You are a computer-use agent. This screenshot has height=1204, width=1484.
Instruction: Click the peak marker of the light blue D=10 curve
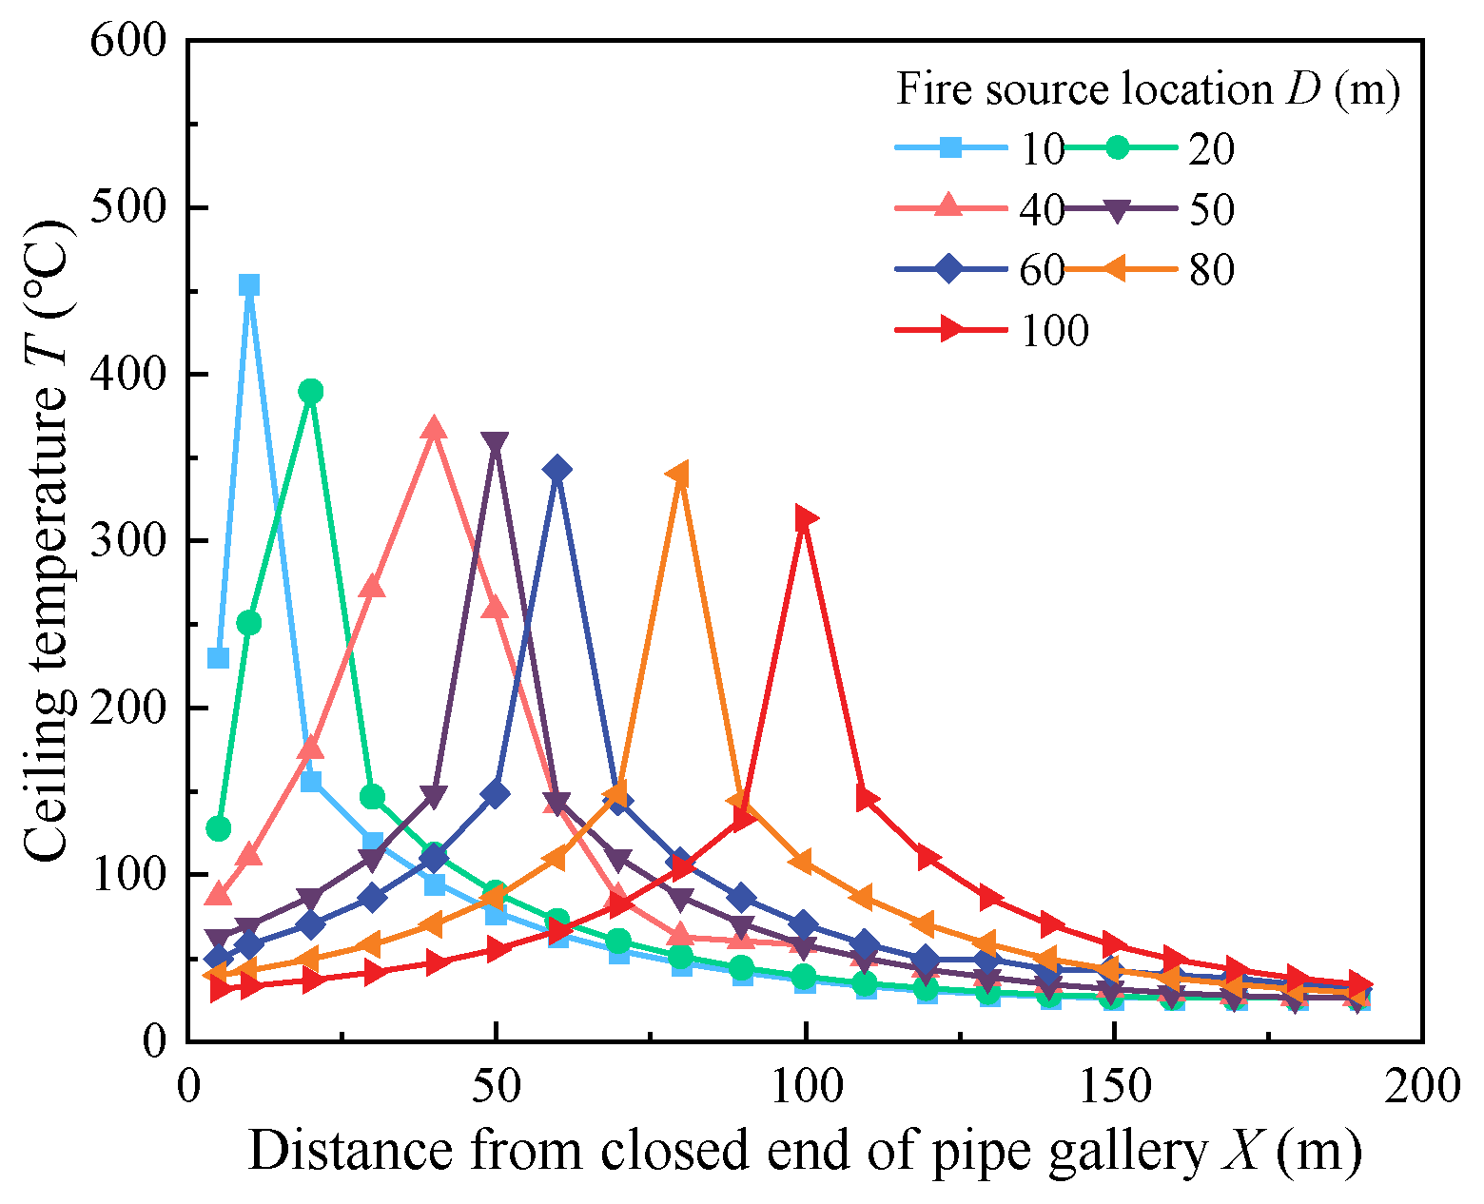pyautogui.click(x=249, y=285)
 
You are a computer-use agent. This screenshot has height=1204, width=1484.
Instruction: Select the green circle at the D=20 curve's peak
pyautogui.click(x=310, y=391)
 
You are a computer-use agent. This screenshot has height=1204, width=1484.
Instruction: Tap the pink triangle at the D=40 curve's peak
pyautogui.click(x=434, y=428)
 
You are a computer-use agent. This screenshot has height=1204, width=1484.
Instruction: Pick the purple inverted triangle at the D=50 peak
pyautogui.click(x=495, y=443)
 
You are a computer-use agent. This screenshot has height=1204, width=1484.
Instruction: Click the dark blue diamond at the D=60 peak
pyautogui.click(x=557, y=469)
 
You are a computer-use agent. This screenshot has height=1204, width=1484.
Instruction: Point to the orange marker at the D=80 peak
pyautogui.click(x=678, y=475)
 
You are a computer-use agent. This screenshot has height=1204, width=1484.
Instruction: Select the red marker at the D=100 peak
pyautogui.click(x=807, y=518)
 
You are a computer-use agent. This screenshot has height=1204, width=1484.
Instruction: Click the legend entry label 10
pyautogui.click(x=1042, y=149)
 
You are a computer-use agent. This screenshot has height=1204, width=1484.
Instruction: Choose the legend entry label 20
pyautogui.click(x=1211, y=149)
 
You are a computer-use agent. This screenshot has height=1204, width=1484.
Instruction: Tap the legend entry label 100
pyautogui.click(x=1054, y=331)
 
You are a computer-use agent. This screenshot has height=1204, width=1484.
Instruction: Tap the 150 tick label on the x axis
pyautogui.click(x=1114, y=1086)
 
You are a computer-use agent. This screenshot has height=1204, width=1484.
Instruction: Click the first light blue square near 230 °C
pyautogui.click(x=219, y=658)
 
